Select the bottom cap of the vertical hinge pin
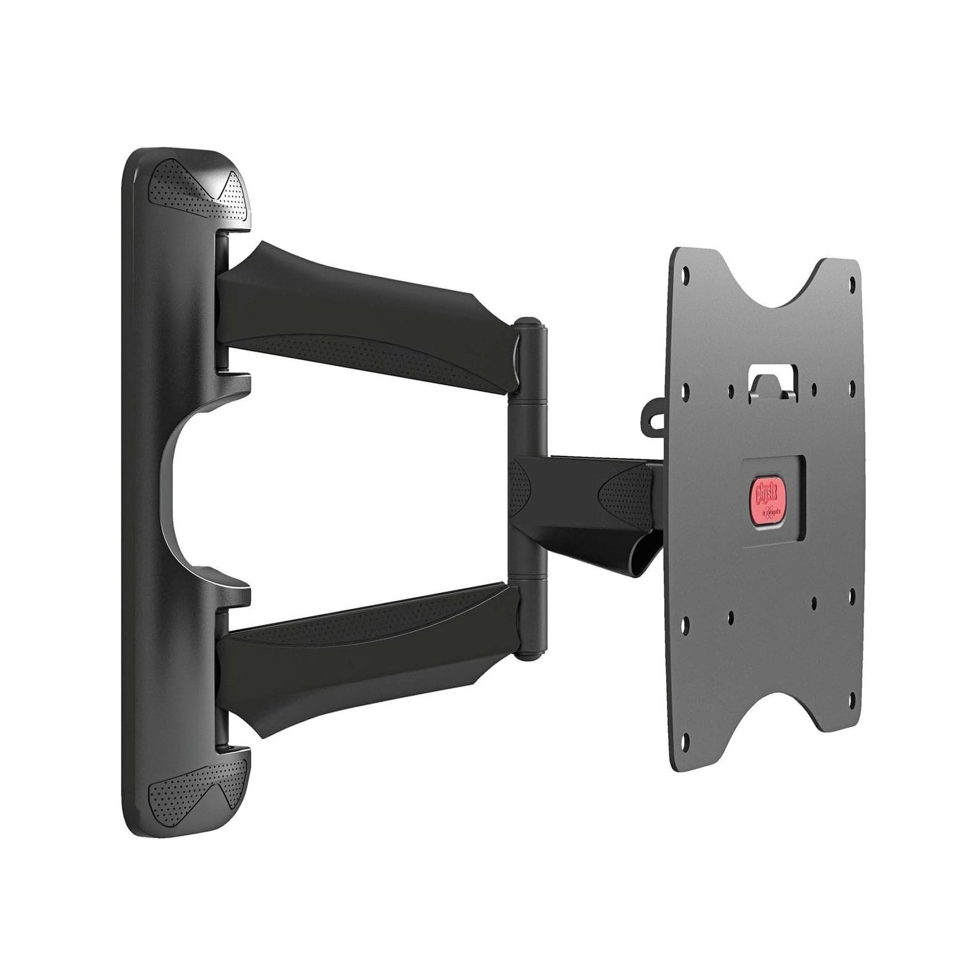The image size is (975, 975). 529,654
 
